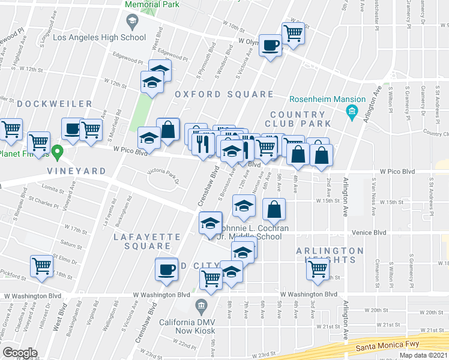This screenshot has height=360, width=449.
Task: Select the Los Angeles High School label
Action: coord(100,37)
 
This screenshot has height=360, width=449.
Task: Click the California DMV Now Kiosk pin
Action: coord(201,307)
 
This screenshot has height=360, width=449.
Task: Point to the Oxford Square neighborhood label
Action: coord(224,94)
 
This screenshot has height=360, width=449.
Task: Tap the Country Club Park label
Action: coord(297,119)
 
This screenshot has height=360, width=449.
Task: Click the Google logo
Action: coord(20,352)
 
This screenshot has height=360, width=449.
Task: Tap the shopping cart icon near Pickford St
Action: coord(41,266)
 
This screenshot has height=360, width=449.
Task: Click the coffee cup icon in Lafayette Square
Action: coord(166,269)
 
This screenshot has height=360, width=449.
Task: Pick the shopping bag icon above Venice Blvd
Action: coord(274,209)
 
